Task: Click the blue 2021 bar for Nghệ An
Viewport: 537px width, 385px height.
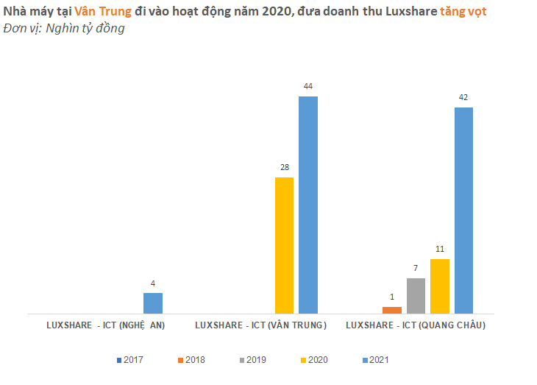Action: click(x=152, y=303)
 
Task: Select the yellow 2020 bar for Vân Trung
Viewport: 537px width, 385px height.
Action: click(x=284, y=245)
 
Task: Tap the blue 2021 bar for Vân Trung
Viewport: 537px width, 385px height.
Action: click(x=308, y=205)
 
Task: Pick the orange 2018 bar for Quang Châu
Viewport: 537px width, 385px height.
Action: click(x=392, y=310)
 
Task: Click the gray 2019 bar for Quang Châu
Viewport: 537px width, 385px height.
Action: click(x=416, y=295)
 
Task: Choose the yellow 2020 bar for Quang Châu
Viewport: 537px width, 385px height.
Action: click(x=439, y=286)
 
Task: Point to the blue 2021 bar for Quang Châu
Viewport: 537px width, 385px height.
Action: click(x=463, y=210)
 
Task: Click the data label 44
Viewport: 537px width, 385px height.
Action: click(x=308, y=87)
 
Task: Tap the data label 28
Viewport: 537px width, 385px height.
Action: click(x=284, y=167)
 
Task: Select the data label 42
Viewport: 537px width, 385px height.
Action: click(x=463, y=98)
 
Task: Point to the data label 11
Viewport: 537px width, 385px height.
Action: click(x=439, y=250)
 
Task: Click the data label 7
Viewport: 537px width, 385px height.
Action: click(x=416, y=269)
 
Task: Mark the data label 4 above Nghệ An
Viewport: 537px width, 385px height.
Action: click(x=152, y=283)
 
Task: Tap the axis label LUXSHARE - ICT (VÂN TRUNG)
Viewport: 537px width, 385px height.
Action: click(x=260, y=325)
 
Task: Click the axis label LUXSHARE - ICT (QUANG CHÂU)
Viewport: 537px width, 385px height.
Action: click(x=416, y=325)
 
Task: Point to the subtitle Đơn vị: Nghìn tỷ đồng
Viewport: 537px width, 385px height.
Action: click(x=63, y=29)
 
